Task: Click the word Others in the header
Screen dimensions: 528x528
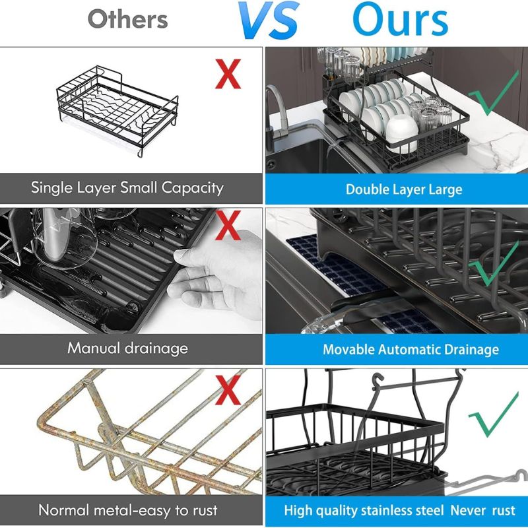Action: point(127,19)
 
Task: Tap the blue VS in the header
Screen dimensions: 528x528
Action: point(269,20)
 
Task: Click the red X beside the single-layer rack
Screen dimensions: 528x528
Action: point(228,74)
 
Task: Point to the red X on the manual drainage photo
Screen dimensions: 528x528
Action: point(228,225)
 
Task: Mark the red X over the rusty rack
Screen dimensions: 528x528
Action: point(228,390)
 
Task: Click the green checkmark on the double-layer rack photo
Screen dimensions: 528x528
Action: point(493,93)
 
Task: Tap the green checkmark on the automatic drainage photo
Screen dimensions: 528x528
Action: point(493,264)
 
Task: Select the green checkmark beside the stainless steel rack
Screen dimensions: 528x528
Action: point(493,415)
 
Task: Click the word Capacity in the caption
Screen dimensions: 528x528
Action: point(192,188)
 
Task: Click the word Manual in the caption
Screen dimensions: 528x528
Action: point(93,348)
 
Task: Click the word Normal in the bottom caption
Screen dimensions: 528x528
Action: point(64,510)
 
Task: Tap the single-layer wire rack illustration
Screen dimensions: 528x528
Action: point(117,110)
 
